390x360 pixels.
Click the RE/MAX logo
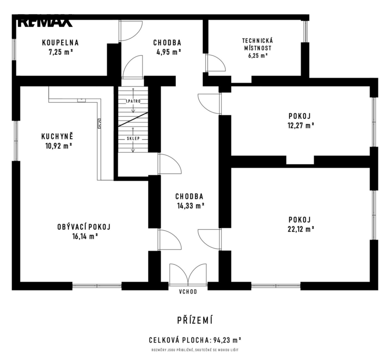[x=45, y=22]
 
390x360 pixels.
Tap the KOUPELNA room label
[x=60, y=43]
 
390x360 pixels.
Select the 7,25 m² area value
[x=60, y=52]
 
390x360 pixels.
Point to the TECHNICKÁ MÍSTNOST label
[x=257, y=44]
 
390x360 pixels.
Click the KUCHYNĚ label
[x=57, y=136]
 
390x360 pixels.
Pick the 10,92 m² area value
[x=59, y=146]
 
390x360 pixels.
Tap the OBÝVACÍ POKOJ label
[x=84, y=227]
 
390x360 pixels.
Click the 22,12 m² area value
[x=301, y=229]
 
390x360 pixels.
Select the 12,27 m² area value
[x=301, y=125]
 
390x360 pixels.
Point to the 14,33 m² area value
[x=191, y=206]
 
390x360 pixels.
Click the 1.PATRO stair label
[x=133, y=101]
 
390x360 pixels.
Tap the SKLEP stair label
[x=133, y=139]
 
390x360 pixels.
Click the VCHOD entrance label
[x=188, y=292]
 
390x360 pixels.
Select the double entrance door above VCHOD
[x=188, y=274]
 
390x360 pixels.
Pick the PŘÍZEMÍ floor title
[x=195, y=321]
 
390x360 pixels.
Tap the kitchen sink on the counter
[x=82, y=100]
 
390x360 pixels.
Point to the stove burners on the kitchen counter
[x=99, y=123]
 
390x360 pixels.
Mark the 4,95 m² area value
[x=167, y=52]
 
